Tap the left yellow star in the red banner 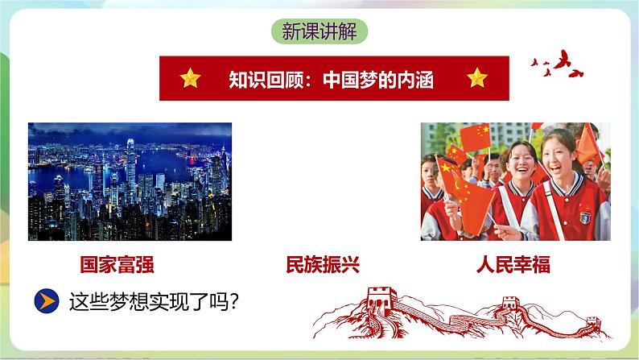[190, 78]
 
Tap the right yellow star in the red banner [477, 78]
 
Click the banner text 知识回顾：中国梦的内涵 [332, 79]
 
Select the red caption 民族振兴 [322, 264]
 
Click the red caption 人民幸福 [513, 264]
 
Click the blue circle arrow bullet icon [47, 301]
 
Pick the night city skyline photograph [130, 181]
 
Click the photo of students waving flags [515, 181]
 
